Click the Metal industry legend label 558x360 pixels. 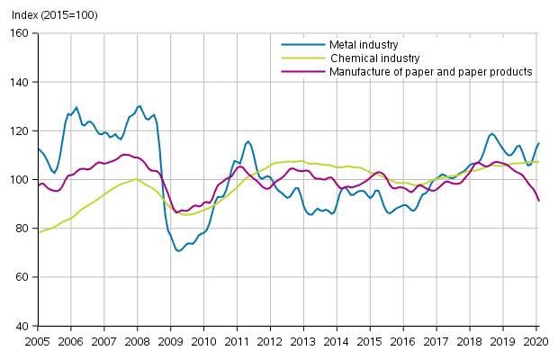363,44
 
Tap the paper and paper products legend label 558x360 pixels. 430,71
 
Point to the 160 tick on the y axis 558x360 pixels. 22,33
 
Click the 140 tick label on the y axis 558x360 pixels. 22,82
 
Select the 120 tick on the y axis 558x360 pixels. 22,130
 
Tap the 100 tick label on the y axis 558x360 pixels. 22,180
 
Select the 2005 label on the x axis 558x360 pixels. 38,342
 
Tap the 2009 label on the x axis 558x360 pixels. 170,342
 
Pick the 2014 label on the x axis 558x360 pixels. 336,342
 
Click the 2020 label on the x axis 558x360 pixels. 535,342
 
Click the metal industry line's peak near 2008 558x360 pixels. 139,106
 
